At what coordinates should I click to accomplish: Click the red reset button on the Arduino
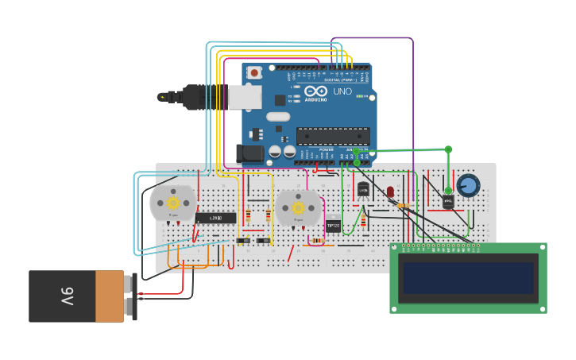254,73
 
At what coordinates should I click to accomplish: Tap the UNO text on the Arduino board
342,91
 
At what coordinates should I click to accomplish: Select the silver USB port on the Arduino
245,97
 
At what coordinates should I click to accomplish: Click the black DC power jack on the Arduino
249,153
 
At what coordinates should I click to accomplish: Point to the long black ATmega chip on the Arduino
333,136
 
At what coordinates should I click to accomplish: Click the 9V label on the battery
67,296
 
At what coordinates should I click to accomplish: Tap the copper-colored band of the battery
110,296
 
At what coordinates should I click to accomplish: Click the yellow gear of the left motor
172,203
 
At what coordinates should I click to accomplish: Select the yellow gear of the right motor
298,207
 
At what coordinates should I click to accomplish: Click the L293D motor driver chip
215,218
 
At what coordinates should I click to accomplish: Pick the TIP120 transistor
333,226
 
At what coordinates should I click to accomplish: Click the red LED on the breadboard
390,192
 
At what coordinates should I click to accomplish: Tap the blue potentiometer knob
468,186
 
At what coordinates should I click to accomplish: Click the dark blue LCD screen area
468,278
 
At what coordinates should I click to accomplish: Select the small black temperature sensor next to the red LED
363,189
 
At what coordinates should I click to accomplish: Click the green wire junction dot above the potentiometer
448,149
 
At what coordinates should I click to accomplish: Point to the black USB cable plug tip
163,97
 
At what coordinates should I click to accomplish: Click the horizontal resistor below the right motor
317,240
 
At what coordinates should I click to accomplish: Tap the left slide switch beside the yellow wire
243,240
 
